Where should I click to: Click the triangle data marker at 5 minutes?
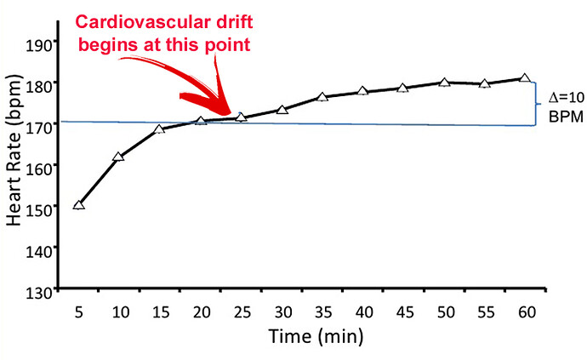[x=79, y=205]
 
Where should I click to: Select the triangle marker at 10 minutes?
[x=119, y=157]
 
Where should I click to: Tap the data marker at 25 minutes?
[x=241, y=117]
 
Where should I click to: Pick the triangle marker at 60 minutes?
[x=525, y=78]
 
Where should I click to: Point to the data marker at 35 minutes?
[x=322, y=97]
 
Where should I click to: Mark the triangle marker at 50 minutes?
[x=444, y=83]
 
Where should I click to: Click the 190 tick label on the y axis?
[x=42, y=43]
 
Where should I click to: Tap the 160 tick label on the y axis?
[x=42, y=168]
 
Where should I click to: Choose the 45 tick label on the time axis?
[x=403, y=312]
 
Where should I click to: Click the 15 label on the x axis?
[x=159, y=312]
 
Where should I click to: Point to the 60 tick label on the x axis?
[x=525, y=312]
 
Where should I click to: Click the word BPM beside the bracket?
[x=559, y=117]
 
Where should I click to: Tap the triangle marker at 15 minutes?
[x=159, y=129]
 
